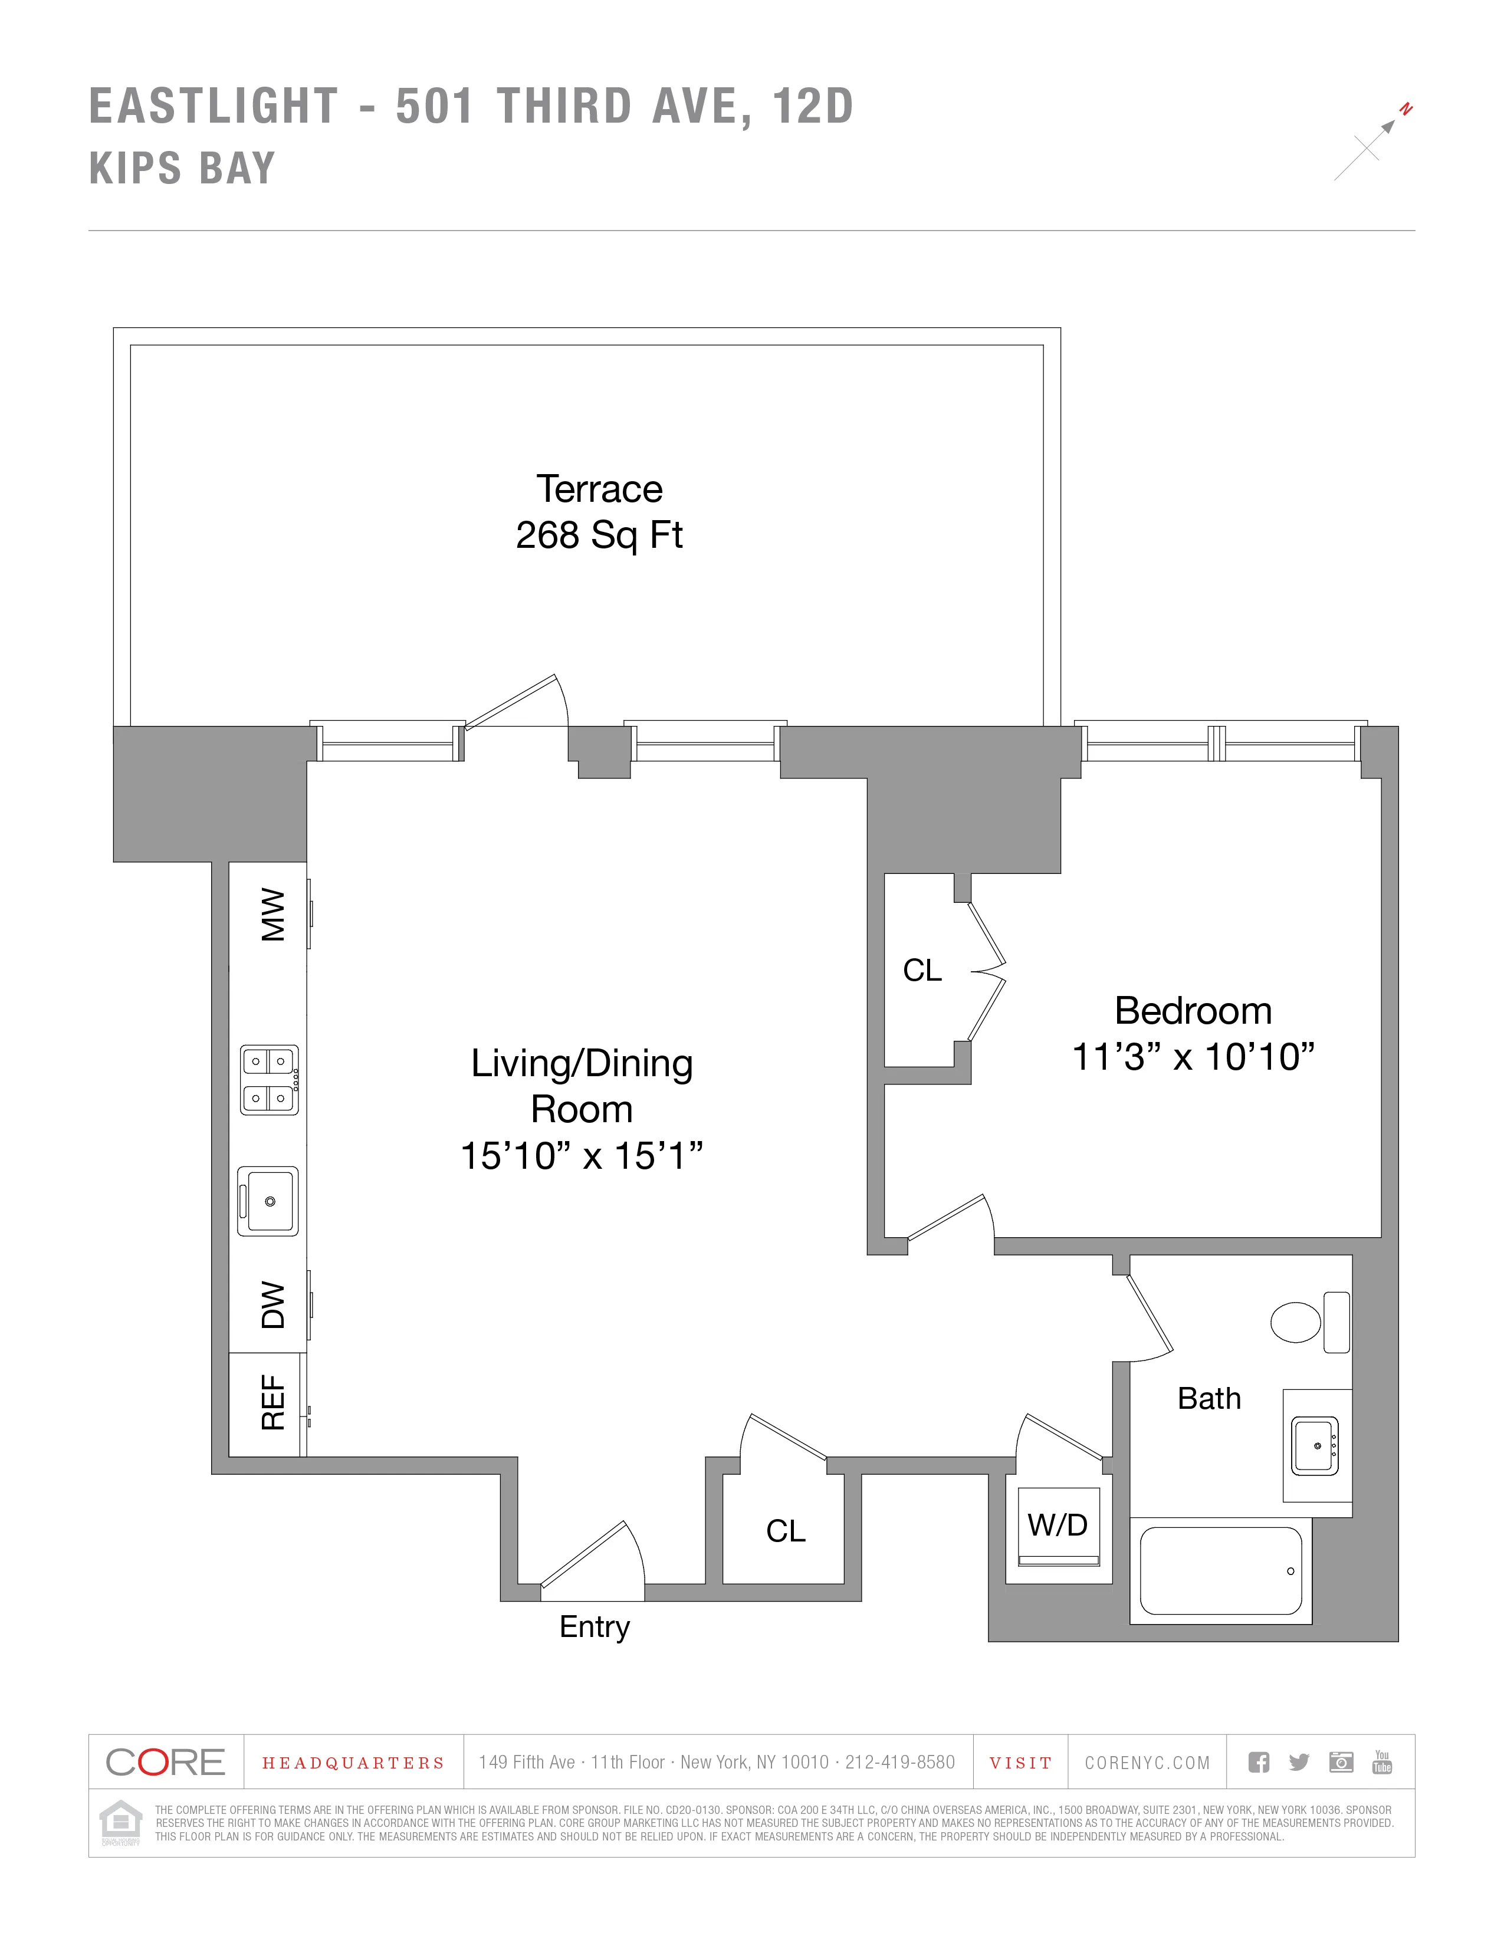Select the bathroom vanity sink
point(1315,1445)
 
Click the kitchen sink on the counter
point(268,1201)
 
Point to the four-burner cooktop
point(269,1080)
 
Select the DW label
point(272,1306)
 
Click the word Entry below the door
point(595,1626)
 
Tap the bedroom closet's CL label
point(922,970)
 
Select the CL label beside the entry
point(785,1531)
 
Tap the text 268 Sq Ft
point(599,535)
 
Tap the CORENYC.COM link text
point(1147,1763)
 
